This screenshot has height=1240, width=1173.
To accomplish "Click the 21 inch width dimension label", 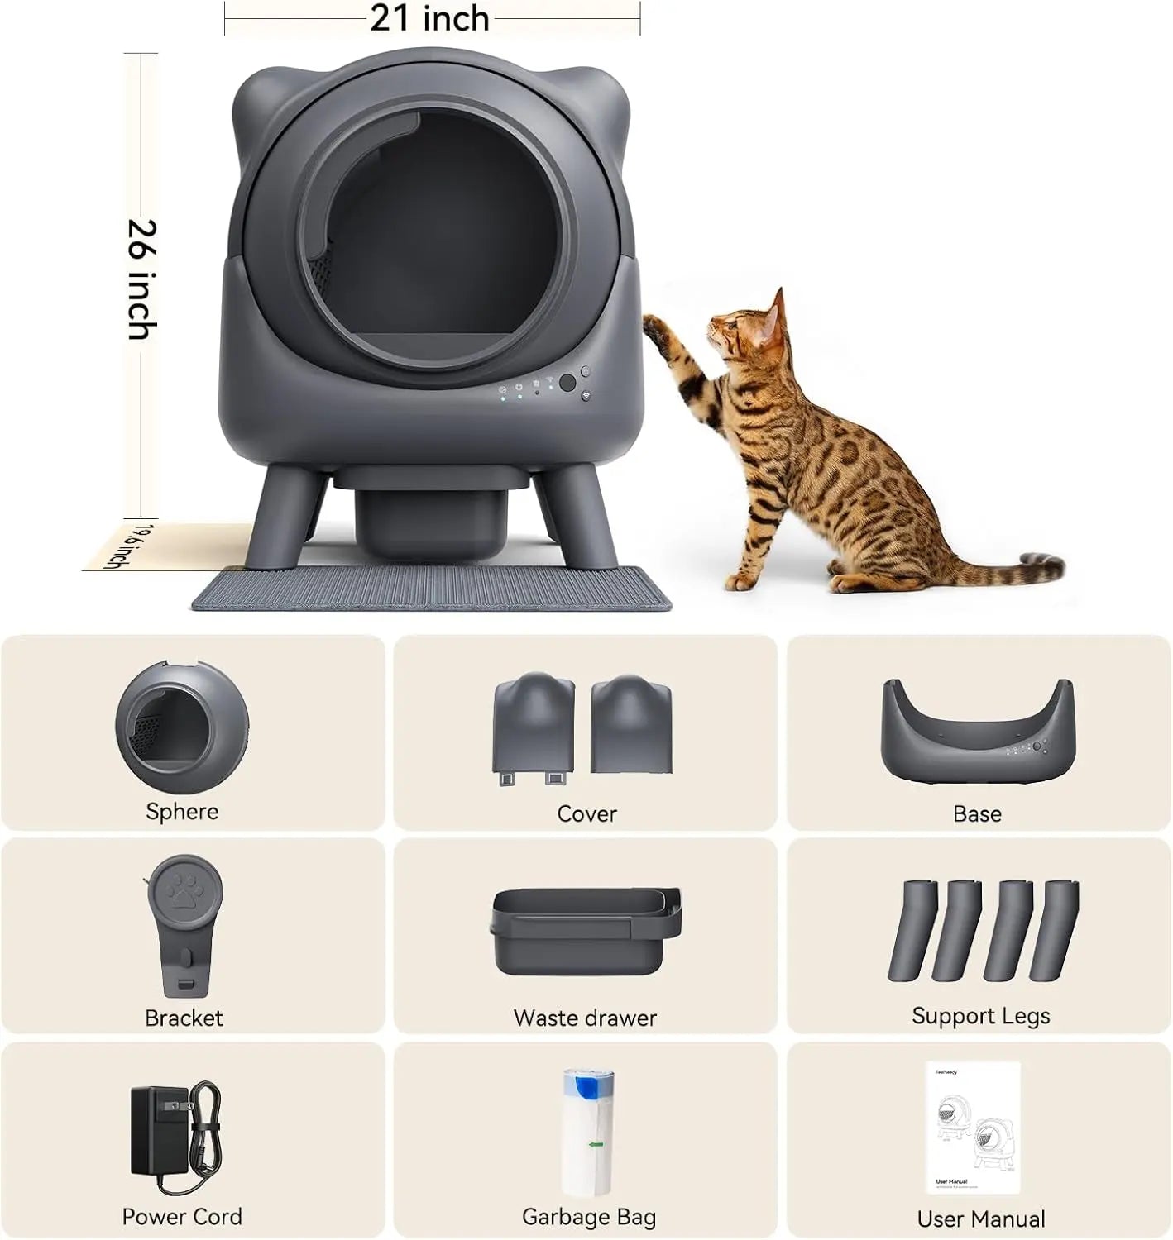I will click(429, 18).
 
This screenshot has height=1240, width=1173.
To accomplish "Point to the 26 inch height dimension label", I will click(141, 279).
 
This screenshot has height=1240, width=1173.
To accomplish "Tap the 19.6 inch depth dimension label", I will click(117, 546).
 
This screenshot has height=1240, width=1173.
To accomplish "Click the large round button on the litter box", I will click(567, 383).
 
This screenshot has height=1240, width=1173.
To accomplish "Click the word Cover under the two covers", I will click(586, 813).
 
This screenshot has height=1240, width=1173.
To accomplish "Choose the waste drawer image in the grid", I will click(586, 929).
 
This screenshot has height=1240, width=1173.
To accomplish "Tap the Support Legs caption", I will click(980, 1015).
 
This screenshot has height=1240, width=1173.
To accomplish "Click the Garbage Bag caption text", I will click(588, 1217).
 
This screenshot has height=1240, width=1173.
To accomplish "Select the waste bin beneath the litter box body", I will click(431, 517).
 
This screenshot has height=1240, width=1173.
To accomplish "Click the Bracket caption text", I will click(184, 1018).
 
